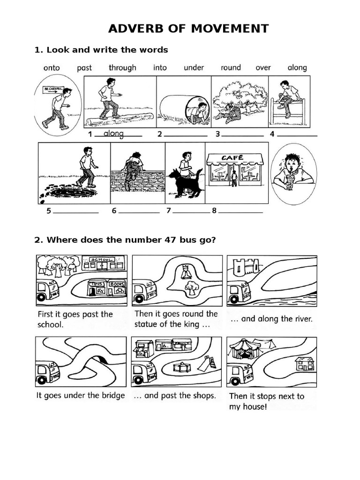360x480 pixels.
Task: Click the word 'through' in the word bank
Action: click(122, 67)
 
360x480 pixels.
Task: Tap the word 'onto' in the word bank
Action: click(52, 67)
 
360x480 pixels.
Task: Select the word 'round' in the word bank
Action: click(231, 67)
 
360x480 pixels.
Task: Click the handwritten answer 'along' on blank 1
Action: click(113, 134)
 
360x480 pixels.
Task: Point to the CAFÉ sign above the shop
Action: click(234, 158)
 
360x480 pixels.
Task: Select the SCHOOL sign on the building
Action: click(102, 260)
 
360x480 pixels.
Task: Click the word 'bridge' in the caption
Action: click(113, 395)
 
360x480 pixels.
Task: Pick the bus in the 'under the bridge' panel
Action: click(48, 370)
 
